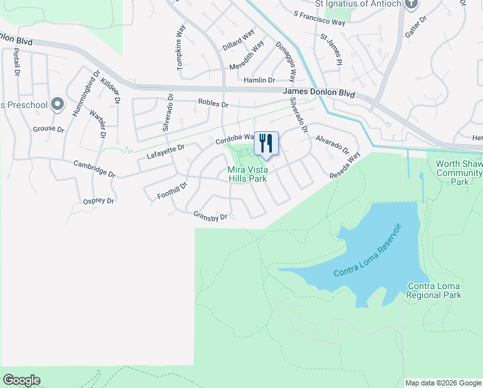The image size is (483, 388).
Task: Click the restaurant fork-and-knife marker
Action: pos(266,144)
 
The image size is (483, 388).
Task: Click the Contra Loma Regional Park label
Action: pos(434,290)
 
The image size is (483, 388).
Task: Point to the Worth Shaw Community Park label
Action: pos(459,173)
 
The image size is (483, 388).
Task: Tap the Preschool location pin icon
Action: pos(57,103)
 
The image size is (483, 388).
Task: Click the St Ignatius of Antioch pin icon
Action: pos(414,3)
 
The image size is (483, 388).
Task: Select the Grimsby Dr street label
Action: pos(211,216)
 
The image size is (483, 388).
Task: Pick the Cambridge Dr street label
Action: pos(94,169)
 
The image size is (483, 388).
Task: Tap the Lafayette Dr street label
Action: pos(165,151)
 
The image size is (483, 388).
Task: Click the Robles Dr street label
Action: pos(213,103)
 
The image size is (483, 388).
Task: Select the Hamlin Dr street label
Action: pos(260,80)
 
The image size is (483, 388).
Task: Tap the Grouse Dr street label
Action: pos(49,129)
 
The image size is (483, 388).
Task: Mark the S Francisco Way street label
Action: pos(319,17)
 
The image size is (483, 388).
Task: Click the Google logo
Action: pos(21,380)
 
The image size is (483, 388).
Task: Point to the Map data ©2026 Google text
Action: pos(442,383)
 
